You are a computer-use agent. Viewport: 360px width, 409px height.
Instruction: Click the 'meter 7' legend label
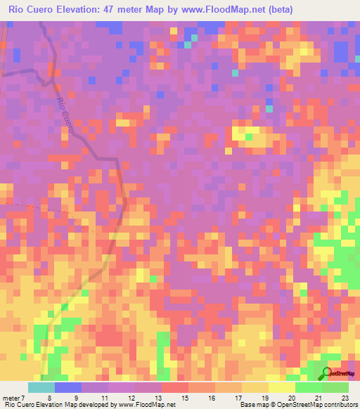click(x=15, y=398)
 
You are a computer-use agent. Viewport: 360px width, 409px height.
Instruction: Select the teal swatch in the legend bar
click(x=41, y=387)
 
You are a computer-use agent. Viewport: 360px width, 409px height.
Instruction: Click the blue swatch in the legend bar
click(x=67, y=387)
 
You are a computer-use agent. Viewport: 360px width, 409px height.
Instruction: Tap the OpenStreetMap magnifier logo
click(x=326, y=373)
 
